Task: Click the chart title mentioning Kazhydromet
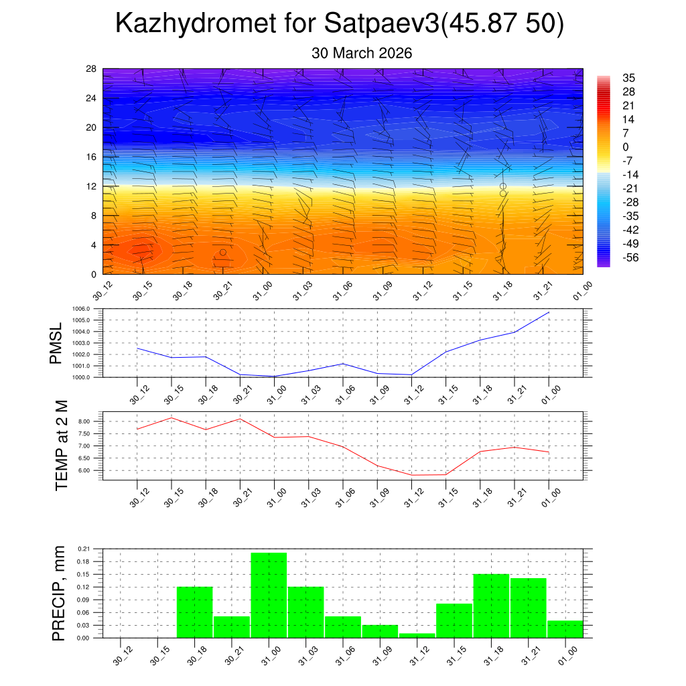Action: click(x=340, y=23)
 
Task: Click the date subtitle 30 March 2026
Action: click(x=362, y=53)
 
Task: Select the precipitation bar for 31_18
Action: click(x=491, y=606)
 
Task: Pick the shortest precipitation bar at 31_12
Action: click(x=417, y=635)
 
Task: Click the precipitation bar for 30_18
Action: click(x=194, y=612)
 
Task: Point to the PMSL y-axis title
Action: click(x=58, y=344)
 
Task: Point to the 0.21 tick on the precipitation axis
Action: click(x=83, y=549)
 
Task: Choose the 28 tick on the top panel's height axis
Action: click(x=92, y=69)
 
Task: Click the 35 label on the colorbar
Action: click(x=628, y=78)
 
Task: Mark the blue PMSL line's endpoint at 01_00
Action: click(x=549, y=312)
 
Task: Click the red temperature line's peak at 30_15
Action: click(x=171, y=417)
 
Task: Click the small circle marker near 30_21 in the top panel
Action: click(x=223, y=252)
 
